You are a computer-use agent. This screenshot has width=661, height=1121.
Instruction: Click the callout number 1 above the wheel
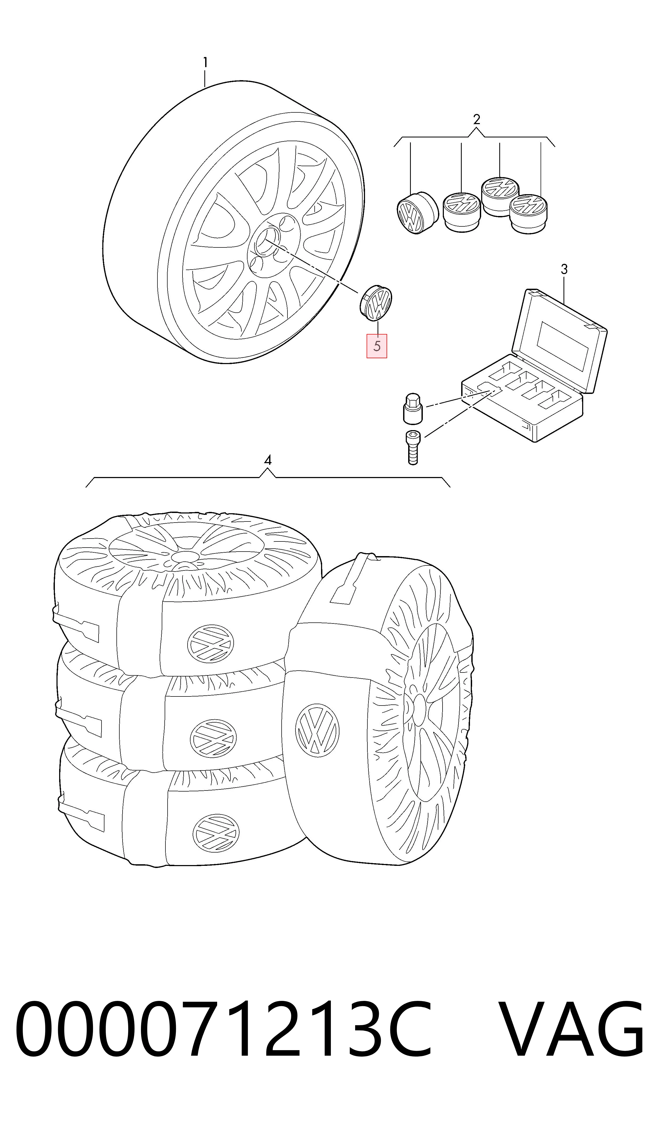pyautogui.click(x=205, y=63)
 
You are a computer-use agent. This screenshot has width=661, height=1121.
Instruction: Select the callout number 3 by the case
pyautogui.click(x=564, y=269)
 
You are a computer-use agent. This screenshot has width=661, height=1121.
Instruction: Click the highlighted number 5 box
pyautogui.click(x=377, y=346)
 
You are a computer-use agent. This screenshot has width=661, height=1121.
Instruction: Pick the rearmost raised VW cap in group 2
pyautogui.click(x=500, y=196)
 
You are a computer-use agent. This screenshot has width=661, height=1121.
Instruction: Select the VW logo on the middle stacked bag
pyautogui.click(x=213, y=738)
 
